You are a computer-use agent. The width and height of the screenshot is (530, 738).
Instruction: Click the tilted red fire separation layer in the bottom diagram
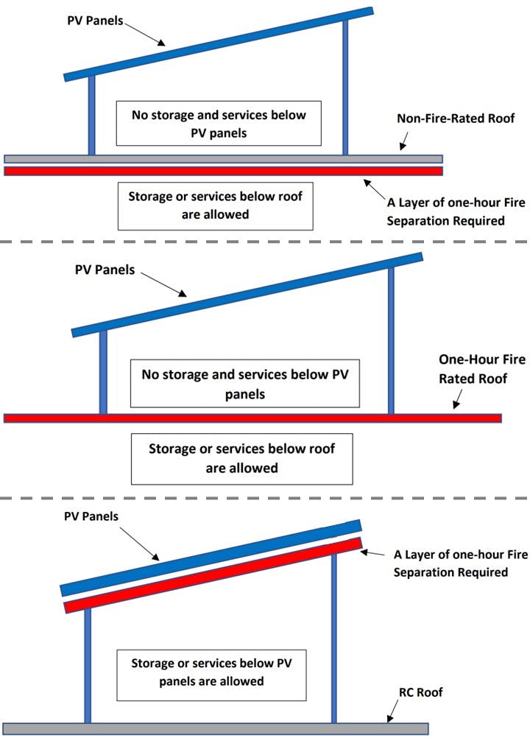[x=213, y=574]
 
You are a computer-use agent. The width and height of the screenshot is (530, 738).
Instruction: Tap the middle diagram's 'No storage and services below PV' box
[x=245, y=384]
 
